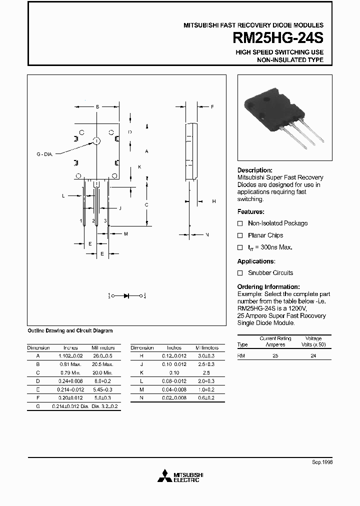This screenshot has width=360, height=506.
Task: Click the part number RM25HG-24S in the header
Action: (x=278, y=39)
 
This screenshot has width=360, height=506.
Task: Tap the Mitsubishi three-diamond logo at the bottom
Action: (x=164, y=476)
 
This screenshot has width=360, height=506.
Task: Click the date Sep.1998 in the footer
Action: (x=322, y=462)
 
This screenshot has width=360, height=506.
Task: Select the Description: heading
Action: (x=254, y=170)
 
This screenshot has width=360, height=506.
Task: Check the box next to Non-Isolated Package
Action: (x=240, y=223)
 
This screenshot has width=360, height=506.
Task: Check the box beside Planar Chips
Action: (x=240, y=235)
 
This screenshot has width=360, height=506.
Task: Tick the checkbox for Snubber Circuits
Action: (x=240, y=273)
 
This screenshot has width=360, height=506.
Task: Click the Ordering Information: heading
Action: (x=268, y=286)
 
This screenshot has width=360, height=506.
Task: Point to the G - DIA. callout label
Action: (x=44, y=154)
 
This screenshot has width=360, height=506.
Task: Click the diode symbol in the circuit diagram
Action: (x=126, y=295)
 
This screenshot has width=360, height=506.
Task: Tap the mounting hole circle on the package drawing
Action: (x=96, y=141)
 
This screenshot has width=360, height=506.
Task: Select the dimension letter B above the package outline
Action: (x=97, y=106)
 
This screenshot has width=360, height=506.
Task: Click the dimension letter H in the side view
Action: (x=213, y=201)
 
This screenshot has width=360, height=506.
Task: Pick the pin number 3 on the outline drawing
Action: (x=105, y=220)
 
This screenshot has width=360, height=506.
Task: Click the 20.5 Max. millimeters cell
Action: (x=103, y=364)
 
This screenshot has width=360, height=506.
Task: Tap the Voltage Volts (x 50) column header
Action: (x=314, y=341)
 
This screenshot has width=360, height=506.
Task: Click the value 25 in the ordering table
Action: (x=275, y=355)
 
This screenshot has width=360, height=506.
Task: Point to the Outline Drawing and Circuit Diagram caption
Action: (x=69, y=330)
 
